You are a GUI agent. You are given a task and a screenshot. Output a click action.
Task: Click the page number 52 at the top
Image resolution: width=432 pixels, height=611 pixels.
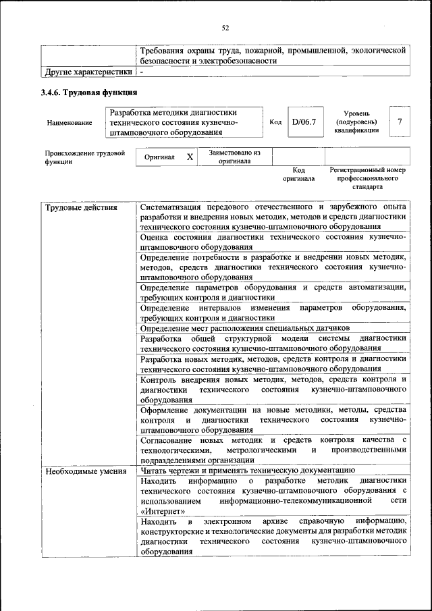225,28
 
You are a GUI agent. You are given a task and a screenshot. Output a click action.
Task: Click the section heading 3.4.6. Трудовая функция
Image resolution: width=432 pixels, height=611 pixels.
89,92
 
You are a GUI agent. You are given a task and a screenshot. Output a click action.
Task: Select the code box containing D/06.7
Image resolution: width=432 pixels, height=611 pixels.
303,122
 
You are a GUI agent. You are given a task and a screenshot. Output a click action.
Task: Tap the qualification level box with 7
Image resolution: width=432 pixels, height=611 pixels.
400,122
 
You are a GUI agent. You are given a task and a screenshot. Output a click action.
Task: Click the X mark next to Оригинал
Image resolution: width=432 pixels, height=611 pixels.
190,157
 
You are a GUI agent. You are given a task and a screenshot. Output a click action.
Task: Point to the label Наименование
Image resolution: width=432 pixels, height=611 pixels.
70,123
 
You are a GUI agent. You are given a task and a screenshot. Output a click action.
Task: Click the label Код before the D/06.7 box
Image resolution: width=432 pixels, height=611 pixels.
275,122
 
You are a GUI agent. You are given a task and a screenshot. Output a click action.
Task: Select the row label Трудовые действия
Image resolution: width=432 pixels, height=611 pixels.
72,207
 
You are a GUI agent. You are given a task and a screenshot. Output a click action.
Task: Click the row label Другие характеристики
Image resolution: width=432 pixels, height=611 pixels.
88,71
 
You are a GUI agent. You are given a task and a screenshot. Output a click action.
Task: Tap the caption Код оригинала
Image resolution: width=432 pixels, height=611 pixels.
298,175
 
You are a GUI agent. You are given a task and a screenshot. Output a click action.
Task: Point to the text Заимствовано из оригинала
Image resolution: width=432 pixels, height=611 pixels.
235,157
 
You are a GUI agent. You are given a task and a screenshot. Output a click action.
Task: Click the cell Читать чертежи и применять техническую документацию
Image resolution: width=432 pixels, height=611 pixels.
247,471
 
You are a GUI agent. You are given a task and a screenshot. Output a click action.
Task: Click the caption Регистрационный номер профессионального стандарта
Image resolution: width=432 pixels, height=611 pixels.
367,178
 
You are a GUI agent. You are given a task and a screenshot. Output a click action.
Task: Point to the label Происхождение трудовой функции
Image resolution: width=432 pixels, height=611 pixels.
85,157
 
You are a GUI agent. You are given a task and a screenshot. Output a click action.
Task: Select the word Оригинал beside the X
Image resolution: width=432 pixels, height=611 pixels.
160,157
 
